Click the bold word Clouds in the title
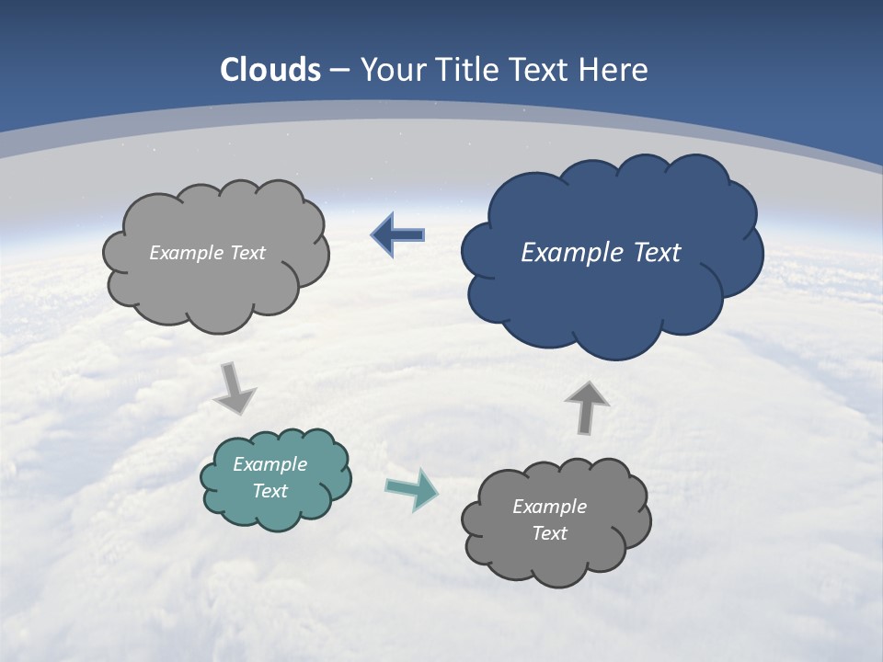click(270, 70)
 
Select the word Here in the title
click(615, 70)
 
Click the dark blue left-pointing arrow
click(398, 235)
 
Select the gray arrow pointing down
click(235, 388)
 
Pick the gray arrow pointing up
click(587, 407)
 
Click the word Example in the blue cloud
click(571, 253)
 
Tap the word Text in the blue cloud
click(656, 253)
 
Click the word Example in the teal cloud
click(270, 464)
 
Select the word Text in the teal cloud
click(270, 491)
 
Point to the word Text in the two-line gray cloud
click(550, 533)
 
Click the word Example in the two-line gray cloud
click(550, 507)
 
